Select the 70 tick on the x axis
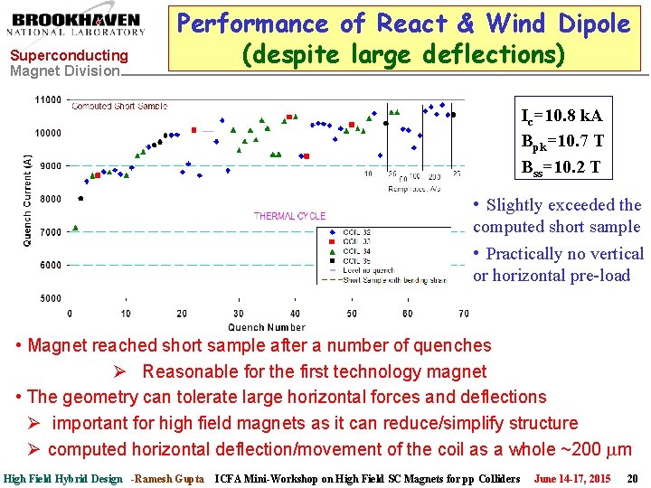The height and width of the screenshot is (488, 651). pyautogui.click(x=463, y=314)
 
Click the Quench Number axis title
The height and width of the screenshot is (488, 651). pyautogui.click(x=267, y=326)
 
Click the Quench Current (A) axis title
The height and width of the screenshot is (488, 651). pyautogui.click(x=28, y=199)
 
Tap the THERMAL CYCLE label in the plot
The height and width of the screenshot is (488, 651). pyautogui.click(x=289, y=216)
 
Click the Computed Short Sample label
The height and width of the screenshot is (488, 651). pyautogui.click(x=119, y=107)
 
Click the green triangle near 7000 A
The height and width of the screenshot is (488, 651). pyautogui.click(x=75, y=228)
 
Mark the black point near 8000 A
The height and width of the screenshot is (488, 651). pyautogui.click(x=81, y=199)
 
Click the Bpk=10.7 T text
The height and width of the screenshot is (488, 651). pyautogui.click(x=561, y=142)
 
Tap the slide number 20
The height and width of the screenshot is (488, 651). pyautogui.click(x=632, y=478)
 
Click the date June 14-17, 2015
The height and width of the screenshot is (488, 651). pyautogui.click(x=571, y=478)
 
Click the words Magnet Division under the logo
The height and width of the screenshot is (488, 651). pyautogui.click(x=64, y=70)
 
